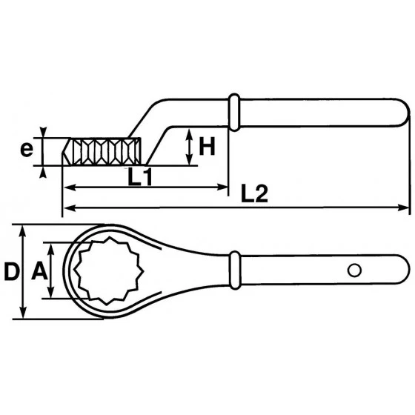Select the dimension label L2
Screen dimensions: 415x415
(x=254, y=193)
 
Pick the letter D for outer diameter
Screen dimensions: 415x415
(x=11, y=272)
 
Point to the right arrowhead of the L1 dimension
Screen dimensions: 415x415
(x=225, y=187)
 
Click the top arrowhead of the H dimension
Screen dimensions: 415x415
(x=190, y=132)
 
